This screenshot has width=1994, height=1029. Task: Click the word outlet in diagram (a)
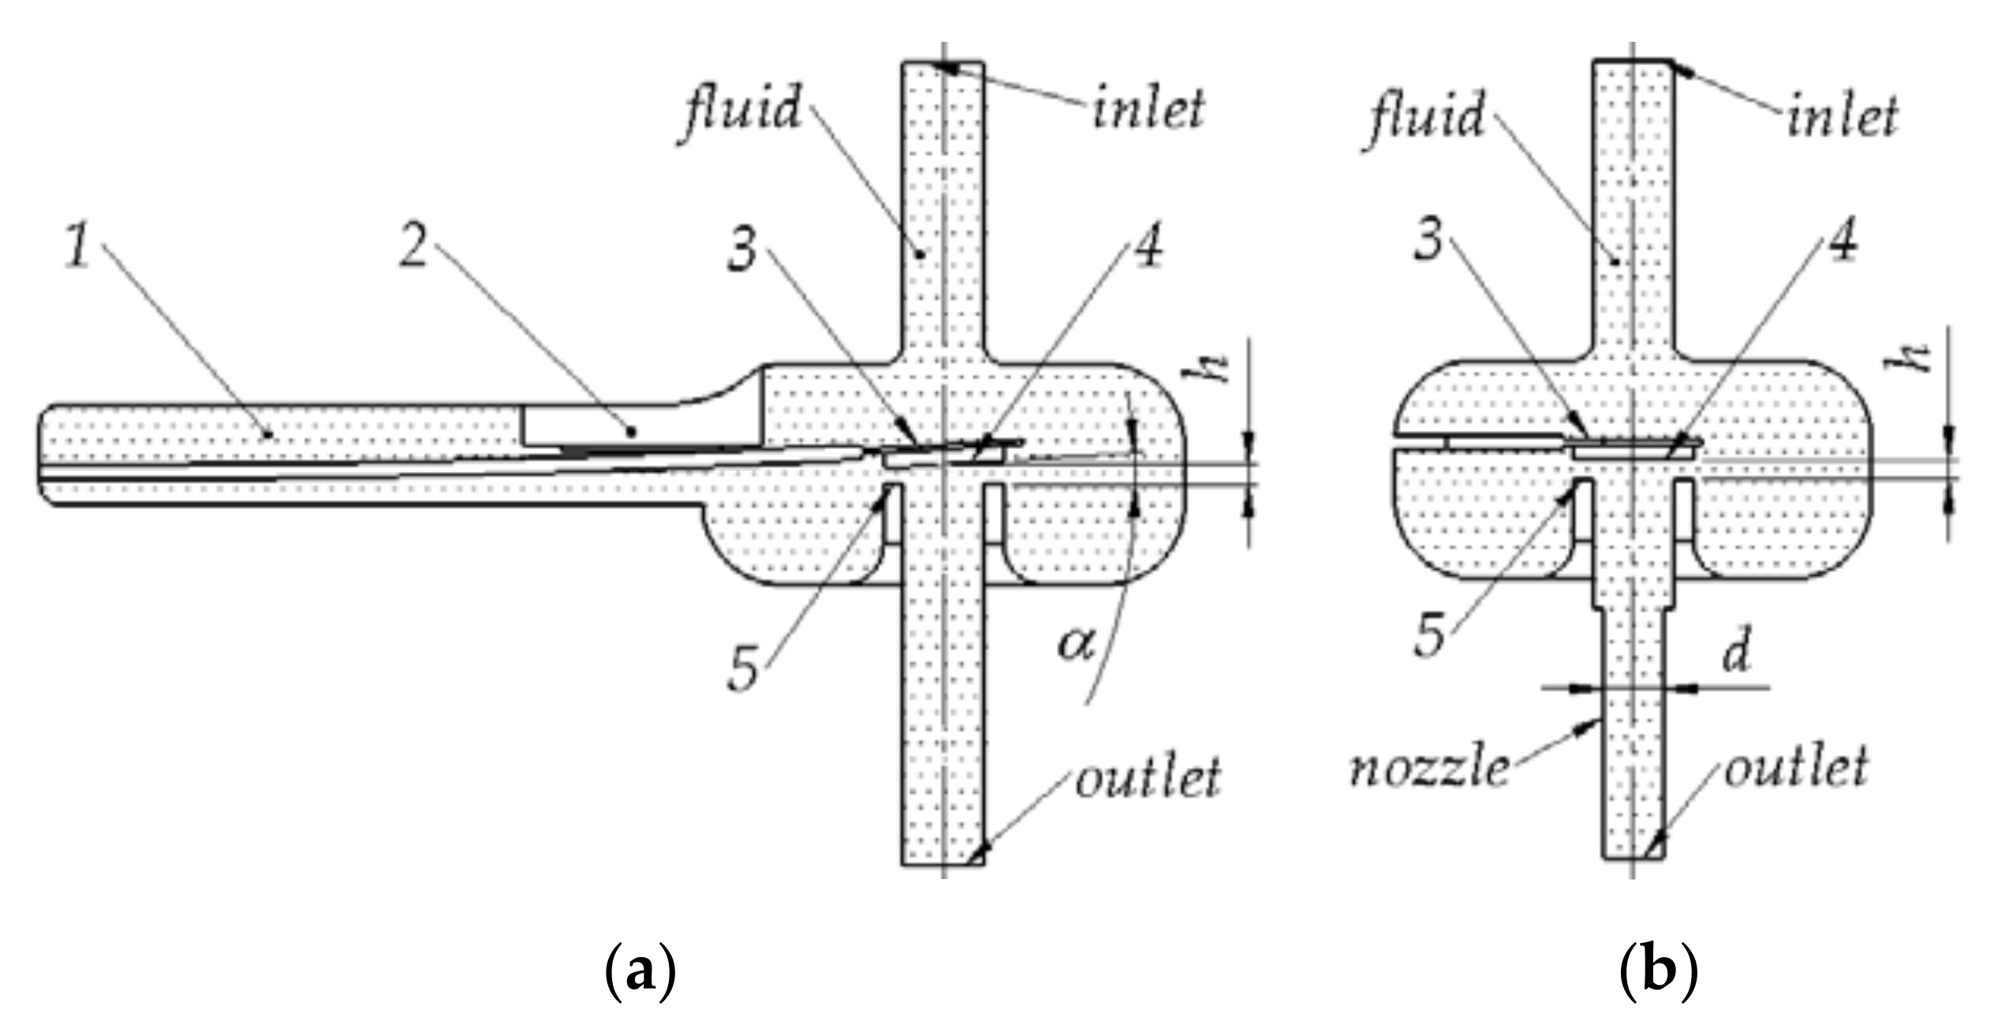(x=1148, y=777)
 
